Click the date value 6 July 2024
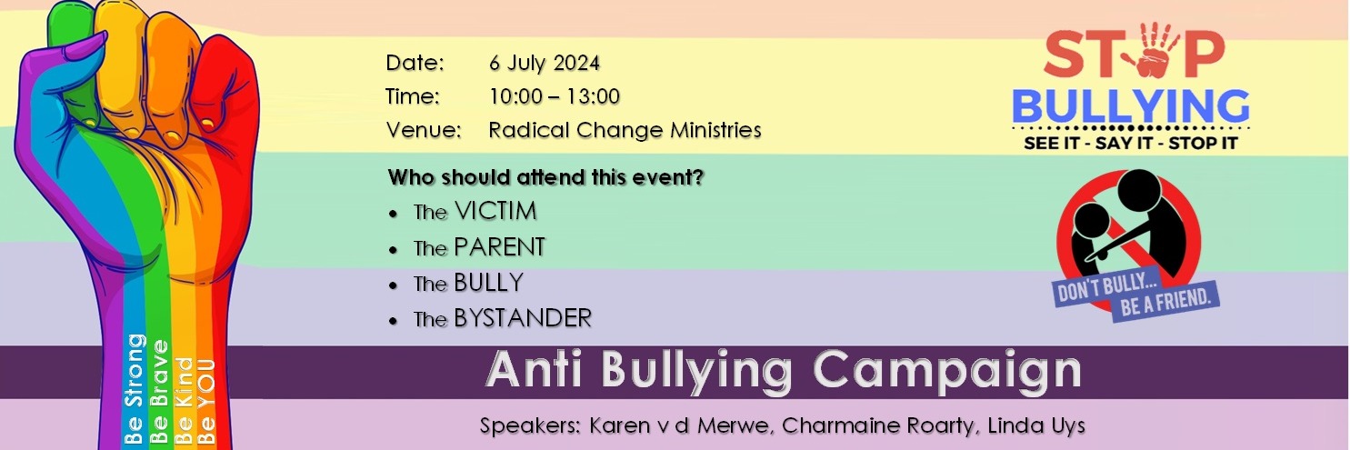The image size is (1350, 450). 544,64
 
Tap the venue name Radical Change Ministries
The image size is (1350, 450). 625,130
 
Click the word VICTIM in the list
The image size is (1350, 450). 495,212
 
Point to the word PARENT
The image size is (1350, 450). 499,247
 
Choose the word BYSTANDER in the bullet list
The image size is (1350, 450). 523,318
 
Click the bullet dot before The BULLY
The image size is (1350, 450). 393,285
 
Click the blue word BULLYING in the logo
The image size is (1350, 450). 1130,106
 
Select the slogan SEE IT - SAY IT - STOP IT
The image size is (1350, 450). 1130,144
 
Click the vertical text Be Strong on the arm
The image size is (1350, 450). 135,389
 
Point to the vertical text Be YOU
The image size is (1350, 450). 206,400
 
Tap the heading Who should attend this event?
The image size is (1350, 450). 545,177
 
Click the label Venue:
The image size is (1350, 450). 423,130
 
